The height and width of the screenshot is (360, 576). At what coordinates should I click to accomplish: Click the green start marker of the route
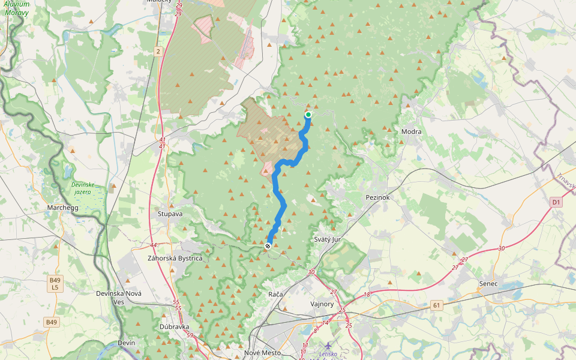[x=308, y=115]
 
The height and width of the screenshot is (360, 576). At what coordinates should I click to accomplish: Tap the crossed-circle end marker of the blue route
[x=268, y=246]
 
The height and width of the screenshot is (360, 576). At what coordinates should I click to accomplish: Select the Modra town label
[x=411, y=131]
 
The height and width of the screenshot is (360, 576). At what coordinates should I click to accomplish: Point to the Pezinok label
[x=377, y=197]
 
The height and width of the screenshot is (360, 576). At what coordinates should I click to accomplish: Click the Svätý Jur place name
[x=328, y=239]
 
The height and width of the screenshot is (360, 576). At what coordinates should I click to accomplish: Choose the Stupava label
[x=170, y=213]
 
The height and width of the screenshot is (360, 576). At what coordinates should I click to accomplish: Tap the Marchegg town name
[x=63, y=208]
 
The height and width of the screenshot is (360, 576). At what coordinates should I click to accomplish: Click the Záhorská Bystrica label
[x=175, y=258]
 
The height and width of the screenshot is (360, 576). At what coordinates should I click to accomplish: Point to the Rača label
[x=275, y=295]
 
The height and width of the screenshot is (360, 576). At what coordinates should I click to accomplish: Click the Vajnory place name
[x=322, y=304]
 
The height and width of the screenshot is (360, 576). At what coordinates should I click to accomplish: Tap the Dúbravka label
[x=175, y=327]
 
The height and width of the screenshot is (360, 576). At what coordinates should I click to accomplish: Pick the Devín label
[x=127, y=343]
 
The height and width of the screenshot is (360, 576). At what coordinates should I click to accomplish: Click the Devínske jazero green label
[x=83, y=188]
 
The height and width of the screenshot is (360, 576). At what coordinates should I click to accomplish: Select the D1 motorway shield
[x=556, y=203]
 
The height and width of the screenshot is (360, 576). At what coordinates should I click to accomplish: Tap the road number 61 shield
[x=436, y=305]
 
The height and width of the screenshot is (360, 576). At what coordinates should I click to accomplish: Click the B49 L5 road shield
[x=55, y=284]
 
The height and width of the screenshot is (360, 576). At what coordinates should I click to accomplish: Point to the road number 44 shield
[x=154, y=245]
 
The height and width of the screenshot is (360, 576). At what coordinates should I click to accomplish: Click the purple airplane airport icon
[x=328, y=346]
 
